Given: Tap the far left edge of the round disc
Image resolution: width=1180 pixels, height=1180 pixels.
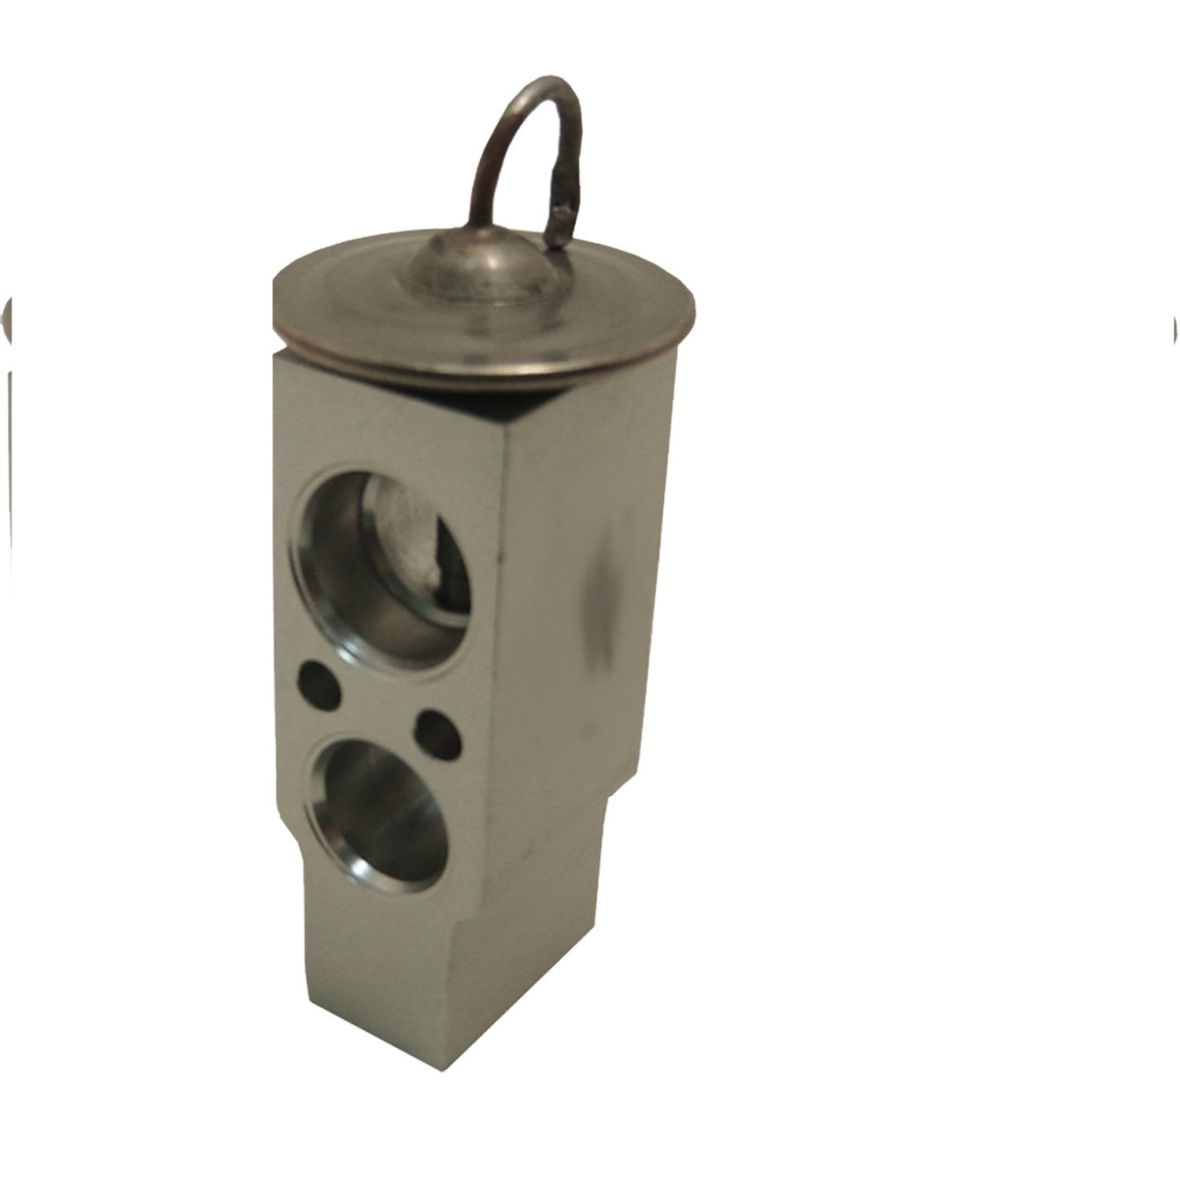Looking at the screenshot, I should (x=272, y=303).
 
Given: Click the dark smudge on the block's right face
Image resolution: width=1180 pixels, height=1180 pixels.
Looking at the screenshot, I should (x=598, y=598).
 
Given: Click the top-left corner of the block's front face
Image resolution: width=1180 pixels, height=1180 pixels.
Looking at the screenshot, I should (x=277, y=356).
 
